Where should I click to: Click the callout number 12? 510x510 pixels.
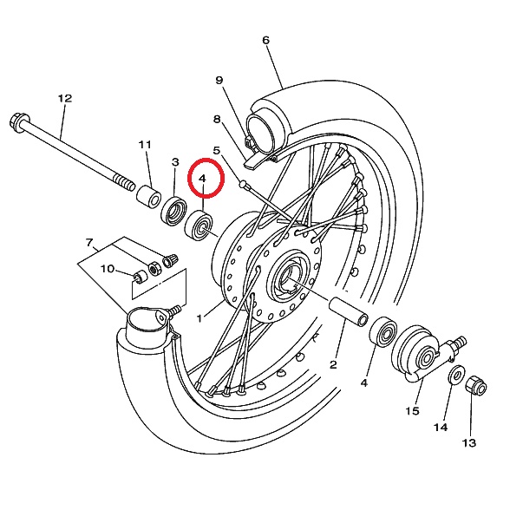[x=65, y=98]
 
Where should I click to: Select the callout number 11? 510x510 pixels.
[x=145, y=144]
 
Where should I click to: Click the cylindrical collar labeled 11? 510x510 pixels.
[x=148, y=196]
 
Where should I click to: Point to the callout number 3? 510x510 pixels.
[x=175, y=161]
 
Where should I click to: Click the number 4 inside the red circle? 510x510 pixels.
[x=202, y=179]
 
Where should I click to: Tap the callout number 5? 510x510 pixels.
[x=217, y=150]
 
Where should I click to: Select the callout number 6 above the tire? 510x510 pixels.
[x=265, y=40]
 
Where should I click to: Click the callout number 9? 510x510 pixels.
[x=219, y=80]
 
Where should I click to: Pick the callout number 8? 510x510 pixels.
[x=217, y=120]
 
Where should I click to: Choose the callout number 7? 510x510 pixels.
[x=89, y=242]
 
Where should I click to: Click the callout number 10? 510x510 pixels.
[x=108, y=269]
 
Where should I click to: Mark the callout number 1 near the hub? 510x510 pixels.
[x=199, y=318]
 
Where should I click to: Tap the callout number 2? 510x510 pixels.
[x=333, y=364]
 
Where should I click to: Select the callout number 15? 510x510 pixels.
[x=413, y=411]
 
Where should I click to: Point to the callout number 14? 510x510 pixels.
[x=441, y=427]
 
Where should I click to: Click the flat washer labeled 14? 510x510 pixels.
[x=456, y=375]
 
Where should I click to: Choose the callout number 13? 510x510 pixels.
[x=469, y=442]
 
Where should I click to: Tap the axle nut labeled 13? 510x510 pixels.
[x=476, y=385]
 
